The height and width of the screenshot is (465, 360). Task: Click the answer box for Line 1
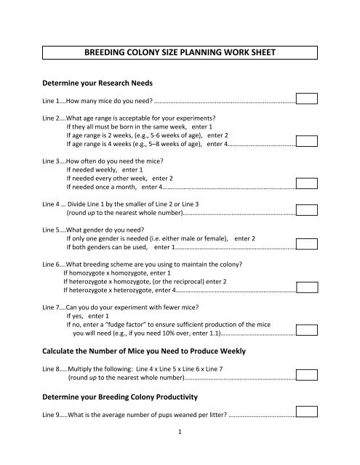point(308,98)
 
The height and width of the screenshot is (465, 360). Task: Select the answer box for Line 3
point(308,184)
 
